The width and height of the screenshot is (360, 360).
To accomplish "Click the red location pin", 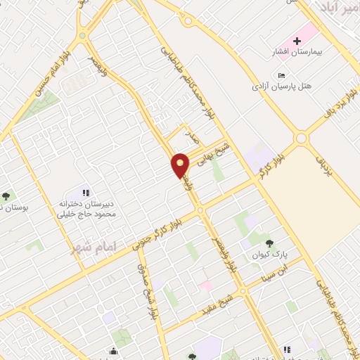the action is pyautogui.click(x=181, y=165).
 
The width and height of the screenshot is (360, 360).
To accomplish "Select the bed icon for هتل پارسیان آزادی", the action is pyautogui.click(x=282, y=76).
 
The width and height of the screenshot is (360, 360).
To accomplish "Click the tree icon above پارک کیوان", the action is pyautogui.click(x=269, y=244).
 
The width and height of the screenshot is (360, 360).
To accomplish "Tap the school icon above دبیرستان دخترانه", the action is pyautogui.click(x=86, y=193).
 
